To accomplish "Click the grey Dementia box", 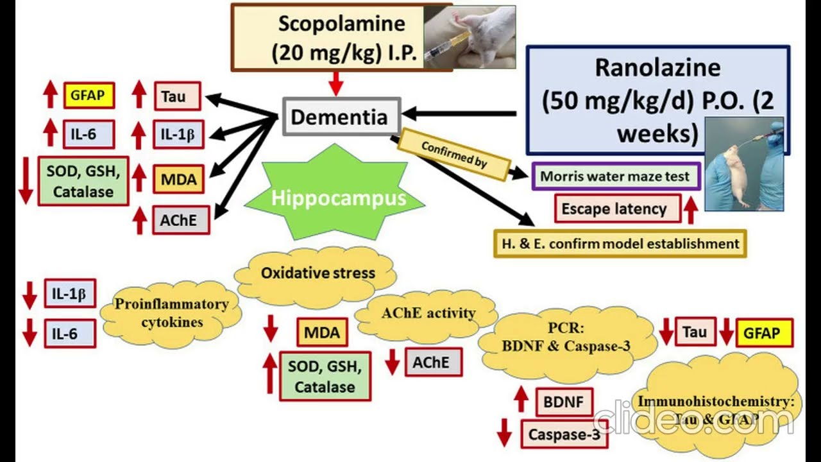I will (339, 117).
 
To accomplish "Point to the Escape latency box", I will (614, 209).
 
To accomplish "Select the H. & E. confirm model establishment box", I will (620, 243).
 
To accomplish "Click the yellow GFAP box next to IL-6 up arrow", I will (89, 96).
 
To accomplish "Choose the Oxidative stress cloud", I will (317, 273).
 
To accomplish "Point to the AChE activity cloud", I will (428, 314).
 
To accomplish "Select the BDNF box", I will (564, 402).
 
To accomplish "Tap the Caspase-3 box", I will (564, 434).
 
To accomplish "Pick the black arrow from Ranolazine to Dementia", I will (459, 114).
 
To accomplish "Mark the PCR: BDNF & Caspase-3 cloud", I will (568, 337).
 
